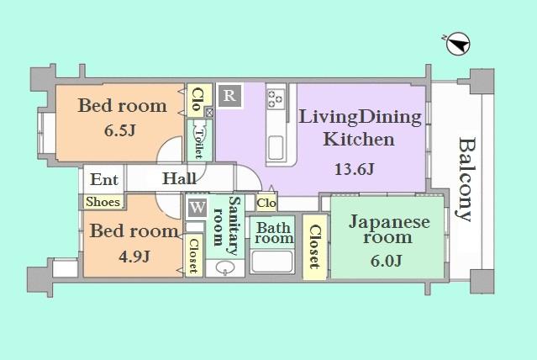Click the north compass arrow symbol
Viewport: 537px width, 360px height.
[456, 43]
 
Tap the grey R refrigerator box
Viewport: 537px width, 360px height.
[229, 95]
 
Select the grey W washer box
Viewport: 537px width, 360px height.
[197, 207]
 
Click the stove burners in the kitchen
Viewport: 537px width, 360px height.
[276, 99]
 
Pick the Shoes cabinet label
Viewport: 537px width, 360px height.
[103, 202]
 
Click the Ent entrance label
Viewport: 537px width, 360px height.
[104, 179]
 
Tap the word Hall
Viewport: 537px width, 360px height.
[180, 179]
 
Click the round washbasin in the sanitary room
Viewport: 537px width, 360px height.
[224, 267]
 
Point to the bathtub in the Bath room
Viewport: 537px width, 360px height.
[272, 262]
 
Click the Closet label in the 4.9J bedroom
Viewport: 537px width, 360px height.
[193, 255]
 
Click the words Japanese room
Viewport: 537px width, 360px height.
[388, 230]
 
